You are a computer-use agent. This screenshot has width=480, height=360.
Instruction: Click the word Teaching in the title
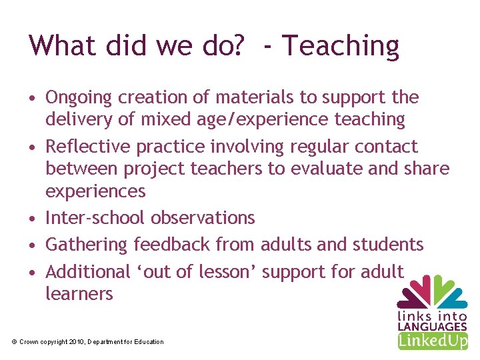341,47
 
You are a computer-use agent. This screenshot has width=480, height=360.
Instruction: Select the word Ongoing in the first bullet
79,98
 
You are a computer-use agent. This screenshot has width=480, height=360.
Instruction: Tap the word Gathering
87,245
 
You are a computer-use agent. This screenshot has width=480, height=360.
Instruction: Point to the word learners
79,294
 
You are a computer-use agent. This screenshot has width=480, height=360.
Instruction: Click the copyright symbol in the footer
15,342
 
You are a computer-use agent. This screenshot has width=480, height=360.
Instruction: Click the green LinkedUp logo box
433,341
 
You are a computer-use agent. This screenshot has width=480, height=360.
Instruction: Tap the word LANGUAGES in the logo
432,327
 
